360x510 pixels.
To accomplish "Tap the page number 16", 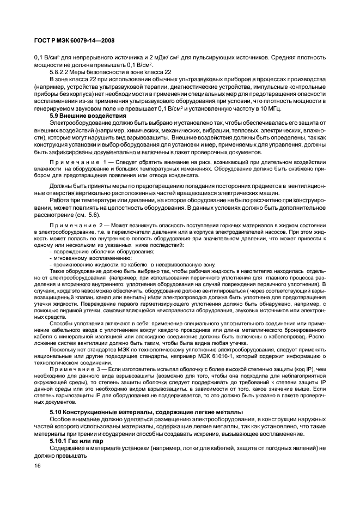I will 37,466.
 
